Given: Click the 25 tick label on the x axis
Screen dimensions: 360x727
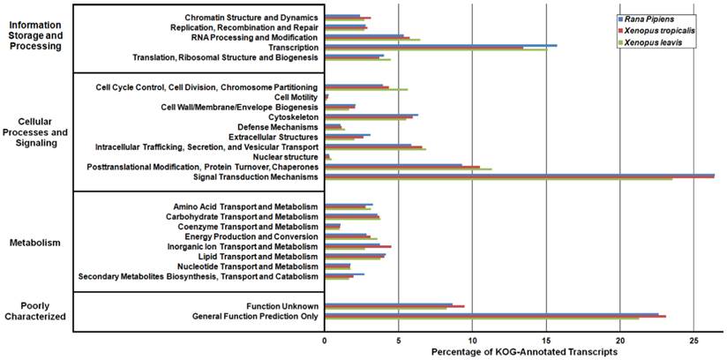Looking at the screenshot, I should point(693,339).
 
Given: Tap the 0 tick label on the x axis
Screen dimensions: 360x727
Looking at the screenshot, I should point(325,339).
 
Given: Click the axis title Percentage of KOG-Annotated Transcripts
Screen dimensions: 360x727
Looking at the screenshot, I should point(524,351).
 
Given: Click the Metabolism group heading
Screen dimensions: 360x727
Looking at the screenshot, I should point(37,243).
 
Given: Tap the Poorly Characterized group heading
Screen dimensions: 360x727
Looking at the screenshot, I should point(36,311).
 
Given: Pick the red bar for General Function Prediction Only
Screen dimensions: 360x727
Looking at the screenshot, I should point(495,316).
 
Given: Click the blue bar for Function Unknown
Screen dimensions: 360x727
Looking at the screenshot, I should point(388,304).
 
